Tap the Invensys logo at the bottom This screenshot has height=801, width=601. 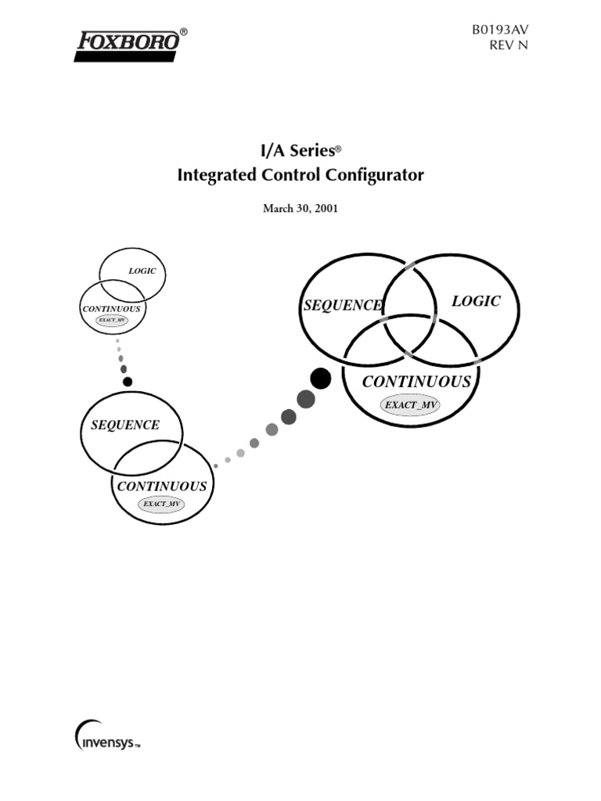tap(108, 739)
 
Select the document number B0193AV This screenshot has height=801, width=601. tap(500, 29)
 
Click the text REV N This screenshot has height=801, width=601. tap(509, 45)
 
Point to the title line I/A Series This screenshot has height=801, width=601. tap(300, 149)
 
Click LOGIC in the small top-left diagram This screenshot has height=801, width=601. tap(142, 271)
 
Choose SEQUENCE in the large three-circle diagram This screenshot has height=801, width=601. tap(343, 305)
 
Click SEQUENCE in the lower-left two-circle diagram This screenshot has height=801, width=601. tap(125, 425)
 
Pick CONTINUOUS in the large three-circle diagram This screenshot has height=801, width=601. tap(416, 382)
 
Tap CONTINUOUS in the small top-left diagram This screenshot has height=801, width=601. tap(112, 309)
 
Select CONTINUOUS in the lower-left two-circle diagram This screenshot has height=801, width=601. tap(162, 486)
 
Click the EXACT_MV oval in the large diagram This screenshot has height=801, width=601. tap(411, 404)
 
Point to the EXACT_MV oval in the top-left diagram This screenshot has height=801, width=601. tap(111, 320)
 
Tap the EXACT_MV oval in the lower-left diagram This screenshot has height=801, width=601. tap(162, 504)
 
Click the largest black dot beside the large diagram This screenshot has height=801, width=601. tap(320, 379)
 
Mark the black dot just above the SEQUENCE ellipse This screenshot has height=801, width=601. tap(128, 381)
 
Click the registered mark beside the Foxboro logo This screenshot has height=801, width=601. tap(184, 32)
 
